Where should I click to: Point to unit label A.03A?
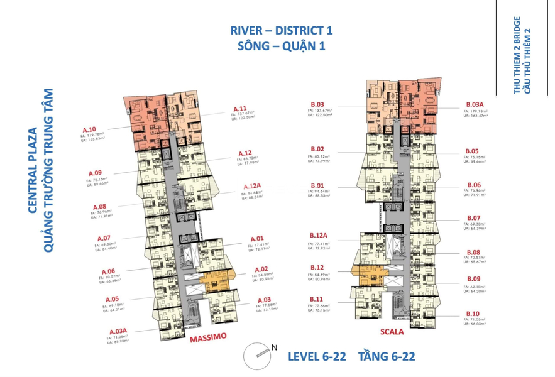pos(119,331)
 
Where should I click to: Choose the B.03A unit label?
pos(475,104)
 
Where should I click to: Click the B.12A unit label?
pos(318,235)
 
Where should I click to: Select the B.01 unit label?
pos(316,185)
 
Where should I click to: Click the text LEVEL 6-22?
pos(317,357)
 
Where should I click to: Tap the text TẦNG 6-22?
pos(386,357)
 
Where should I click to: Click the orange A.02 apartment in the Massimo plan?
pos(209,281)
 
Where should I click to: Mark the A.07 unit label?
pos(104,238)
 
